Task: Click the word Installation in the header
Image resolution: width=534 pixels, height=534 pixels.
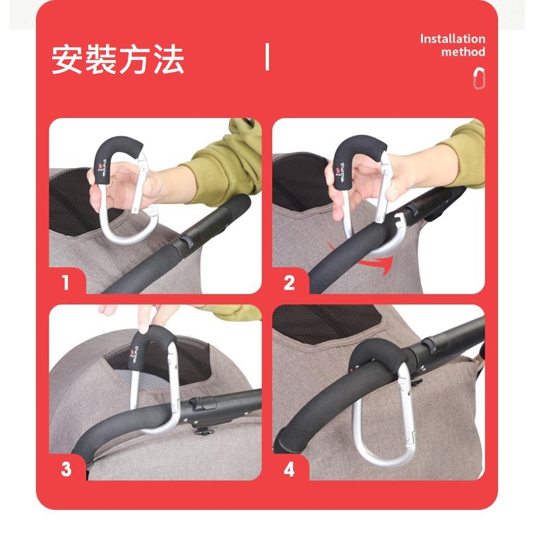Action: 452,39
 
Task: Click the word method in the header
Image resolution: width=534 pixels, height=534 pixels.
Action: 463,52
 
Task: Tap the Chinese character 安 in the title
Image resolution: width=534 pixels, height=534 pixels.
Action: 66,59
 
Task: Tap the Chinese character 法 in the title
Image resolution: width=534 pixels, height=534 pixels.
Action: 169,59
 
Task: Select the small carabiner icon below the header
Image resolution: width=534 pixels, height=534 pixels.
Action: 479,78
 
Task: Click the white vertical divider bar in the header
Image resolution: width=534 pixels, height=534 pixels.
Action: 267,57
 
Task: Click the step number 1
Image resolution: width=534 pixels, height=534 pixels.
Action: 66,283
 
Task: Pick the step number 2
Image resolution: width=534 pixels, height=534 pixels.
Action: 289,283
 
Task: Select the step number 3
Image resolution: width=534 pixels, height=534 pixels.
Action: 66,469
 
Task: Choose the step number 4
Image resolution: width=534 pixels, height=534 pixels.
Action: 289,469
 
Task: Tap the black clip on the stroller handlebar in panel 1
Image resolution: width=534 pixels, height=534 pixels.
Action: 186,241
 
